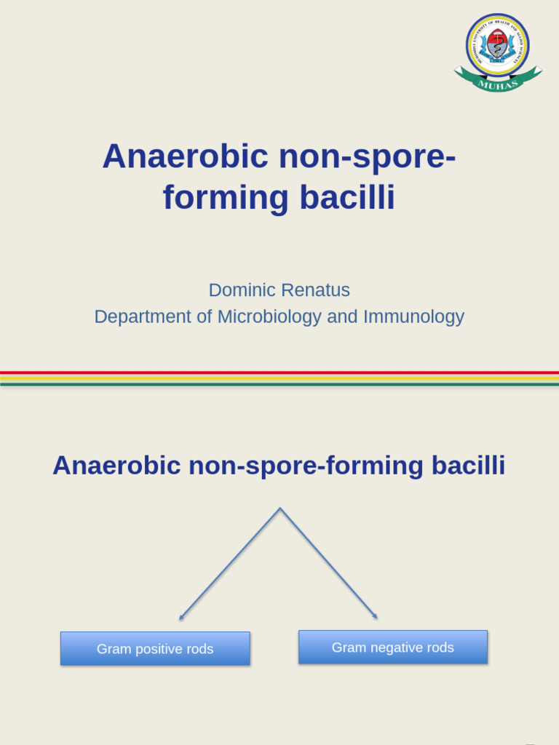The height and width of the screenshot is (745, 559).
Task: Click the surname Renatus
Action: coord(315,290)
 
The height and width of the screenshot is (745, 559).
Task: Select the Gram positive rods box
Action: coord(155,648)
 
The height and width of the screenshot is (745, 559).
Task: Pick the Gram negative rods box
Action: coord(393,647)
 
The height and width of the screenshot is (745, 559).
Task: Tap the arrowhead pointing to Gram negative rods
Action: coord(376,617)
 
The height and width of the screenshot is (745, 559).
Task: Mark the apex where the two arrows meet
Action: coord(280,509)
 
